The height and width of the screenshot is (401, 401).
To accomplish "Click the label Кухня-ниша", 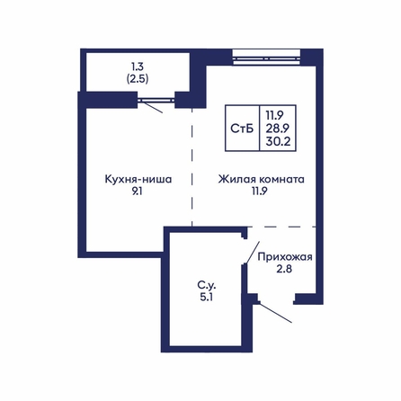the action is [x=138, y=179].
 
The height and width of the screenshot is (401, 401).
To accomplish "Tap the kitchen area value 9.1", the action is [x=137, y=192].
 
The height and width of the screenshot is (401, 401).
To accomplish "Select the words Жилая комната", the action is [x=261, y=179].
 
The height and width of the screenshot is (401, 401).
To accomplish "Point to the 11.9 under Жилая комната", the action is [x=259, y=192].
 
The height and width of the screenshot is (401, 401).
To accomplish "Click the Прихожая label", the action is [x=285, y=257].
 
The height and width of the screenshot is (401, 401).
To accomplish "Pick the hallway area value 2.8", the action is [x=284, y=269].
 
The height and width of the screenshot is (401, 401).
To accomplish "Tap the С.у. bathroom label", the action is [x=207, y=285].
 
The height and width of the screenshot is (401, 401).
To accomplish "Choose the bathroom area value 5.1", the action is [x=207, y=297].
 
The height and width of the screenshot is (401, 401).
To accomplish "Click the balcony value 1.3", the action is [x=138, y=67].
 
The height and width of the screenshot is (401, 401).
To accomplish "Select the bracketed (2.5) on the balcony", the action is [x=138, y=78].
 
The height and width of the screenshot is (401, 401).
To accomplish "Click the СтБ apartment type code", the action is [x=242, y=129].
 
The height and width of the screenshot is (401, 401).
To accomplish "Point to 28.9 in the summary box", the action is [x=278, y=129].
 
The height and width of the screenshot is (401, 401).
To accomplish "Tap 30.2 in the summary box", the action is [x=278, y=141].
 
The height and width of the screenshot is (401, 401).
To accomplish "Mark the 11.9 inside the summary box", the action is [x=274, y=115].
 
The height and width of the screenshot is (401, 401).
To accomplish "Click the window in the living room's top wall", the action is [x=266, y=58].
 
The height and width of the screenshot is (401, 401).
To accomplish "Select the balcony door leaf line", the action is [x=151, y=107].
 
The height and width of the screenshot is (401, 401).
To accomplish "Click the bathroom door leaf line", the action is [x=253, y=253].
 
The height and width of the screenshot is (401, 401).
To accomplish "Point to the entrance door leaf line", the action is [x=275, y=313].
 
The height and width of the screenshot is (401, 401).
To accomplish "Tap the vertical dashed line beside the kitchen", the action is [x=192, y=167].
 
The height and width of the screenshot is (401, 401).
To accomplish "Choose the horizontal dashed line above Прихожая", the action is [x=282, y=227].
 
